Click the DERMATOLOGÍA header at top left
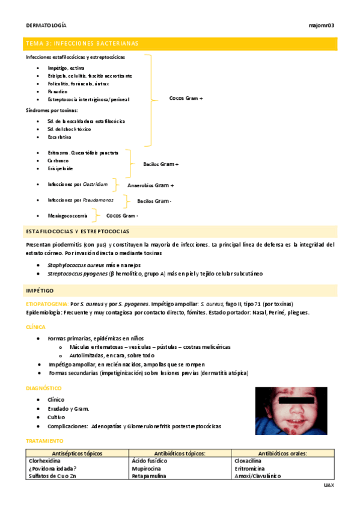(46, 25)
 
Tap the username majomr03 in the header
(321, 25)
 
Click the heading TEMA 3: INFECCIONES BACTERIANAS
(82, 43)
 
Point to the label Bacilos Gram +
(160, 164)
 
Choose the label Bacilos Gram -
(154, 201)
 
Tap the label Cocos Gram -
(122, 215)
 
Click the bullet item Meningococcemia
(67, 215)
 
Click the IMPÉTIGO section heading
(40, 290)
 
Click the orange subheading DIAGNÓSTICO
(44, 389)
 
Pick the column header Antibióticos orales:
(283, 453)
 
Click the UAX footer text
(328, 485)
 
